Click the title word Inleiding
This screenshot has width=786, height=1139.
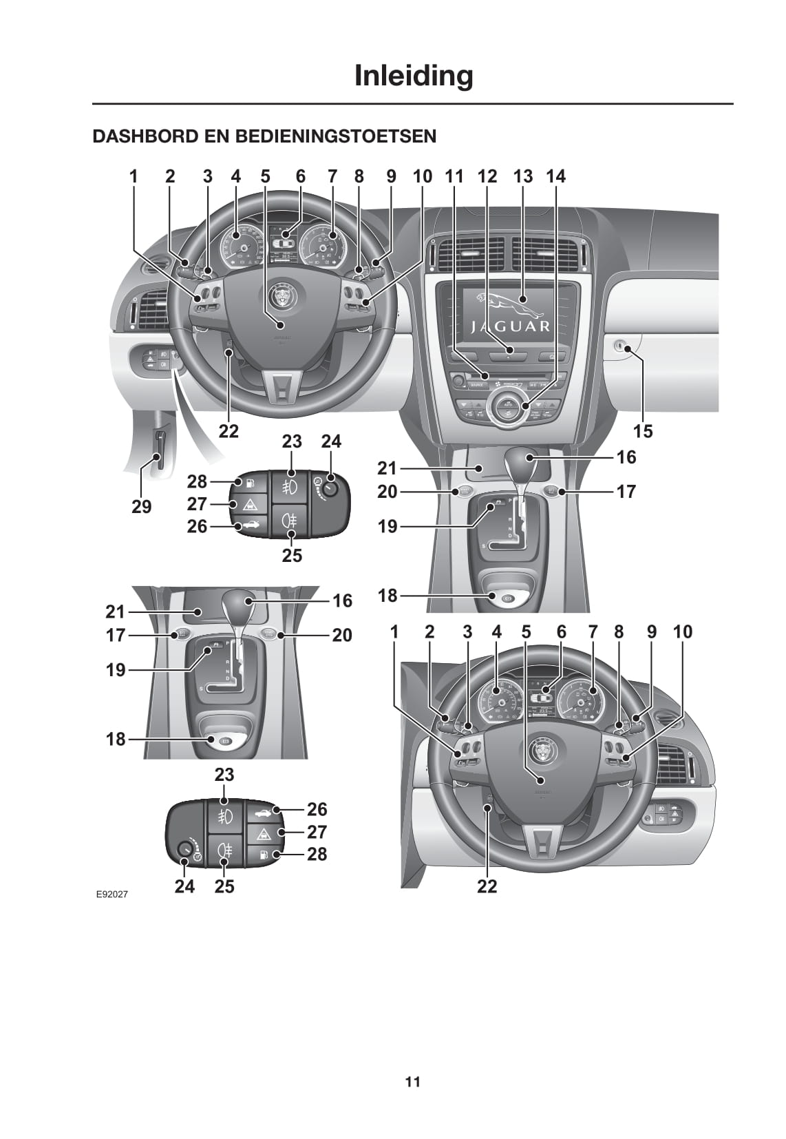pyautogui.click(x=413, y=76)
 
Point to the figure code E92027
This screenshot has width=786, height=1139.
pyautogui.click(x=111, y=895)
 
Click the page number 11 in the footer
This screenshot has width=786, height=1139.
pyautogui.click(x=412, y=1082)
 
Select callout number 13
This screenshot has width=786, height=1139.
pyautogui.click(x=523, y=176)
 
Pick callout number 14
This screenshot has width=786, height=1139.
pyautogui.click(x=555, y=176)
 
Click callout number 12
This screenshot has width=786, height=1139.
pyautogui.click(x=487, y=176)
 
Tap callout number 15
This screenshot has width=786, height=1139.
pyautogui.click(x=643, y=431)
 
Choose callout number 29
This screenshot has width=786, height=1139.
pyautogui.click(x=141, y=507)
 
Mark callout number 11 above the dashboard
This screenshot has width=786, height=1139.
pyautogui.click(x=454, y=176)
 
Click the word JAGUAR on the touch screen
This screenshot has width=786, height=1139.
pyautogui.click(x=511, y=326)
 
